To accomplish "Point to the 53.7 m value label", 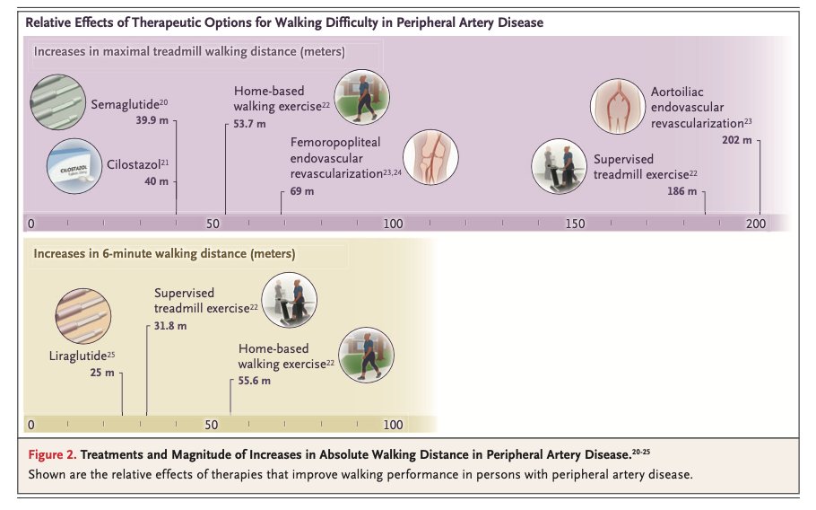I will point(249,123).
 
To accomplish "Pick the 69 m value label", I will point(302,191).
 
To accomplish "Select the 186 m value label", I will point(681,191).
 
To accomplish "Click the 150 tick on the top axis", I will point(574,224).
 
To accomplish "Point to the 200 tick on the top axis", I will point(755,224).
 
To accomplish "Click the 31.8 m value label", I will point(170,324).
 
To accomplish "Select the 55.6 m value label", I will point(254,381).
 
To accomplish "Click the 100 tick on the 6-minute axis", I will point(393,425).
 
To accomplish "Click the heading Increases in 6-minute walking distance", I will point(164,253).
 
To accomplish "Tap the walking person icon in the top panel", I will point(360,97).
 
